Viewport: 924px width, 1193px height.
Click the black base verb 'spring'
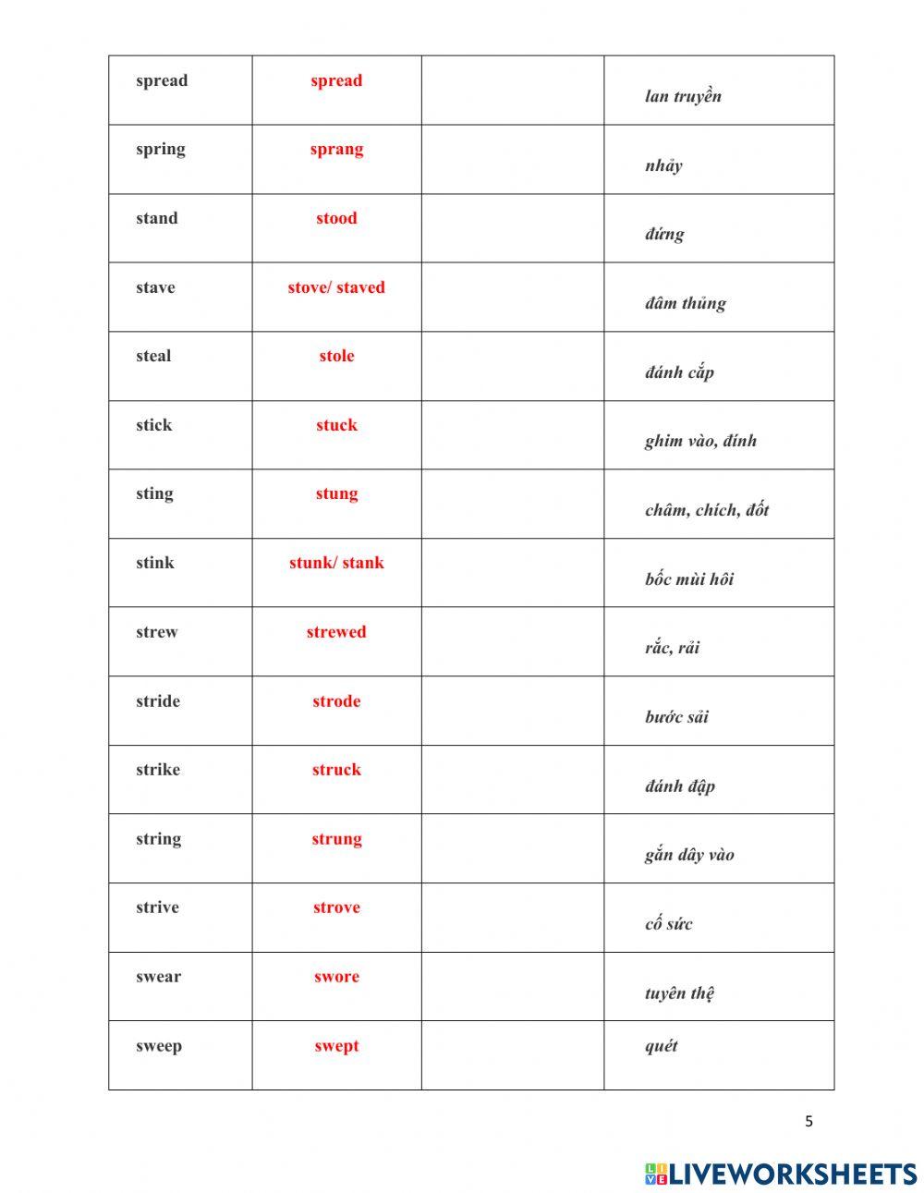tap(161, 150)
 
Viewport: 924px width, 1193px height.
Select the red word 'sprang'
tap(336, 150)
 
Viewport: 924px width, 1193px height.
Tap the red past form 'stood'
tap(336, 219)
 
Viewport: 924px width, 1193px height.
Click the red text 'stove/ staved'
tap(336, 287)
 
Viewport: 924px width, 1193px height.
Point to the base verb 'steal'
tap(153, 357)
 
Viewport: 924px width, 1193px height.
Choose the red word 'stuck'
tap(336, 426)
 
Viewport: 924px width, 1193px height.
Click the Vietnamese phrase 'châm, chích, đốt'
tap(707, 510)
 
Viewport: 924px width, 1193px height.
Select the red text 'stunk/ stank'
tap(336, 564)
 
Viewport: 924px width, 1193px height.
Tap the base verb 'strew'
tap(157, 633)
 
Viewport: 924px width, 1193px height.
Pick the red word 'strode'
tap(336, 701)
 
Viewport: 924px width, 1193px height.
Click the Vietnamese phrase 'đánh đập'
tap(680, 786)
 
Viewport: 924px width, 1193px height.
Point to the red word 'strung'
tap(336, 839)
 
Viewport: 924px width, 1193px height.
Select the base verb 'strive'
tap(157, 908)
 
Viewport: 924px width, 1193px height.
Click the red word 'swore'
tap(336, 977)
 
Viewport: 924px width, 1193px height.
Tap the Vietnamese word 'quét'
tap(662, 1046)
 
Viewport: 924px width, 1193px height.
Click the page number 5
tap(809, 1122)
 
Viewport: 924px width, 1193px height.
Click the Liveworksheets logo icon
tap(656, 1174)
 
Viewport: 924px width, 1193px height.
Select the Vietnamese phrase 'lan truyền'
tap(684, 96)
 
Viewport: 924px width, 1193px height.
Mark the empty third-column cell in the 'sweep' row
tap(513, 1055)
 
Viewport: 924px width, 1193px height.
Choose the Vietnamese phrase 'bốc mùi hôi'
tap(689, 579)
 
